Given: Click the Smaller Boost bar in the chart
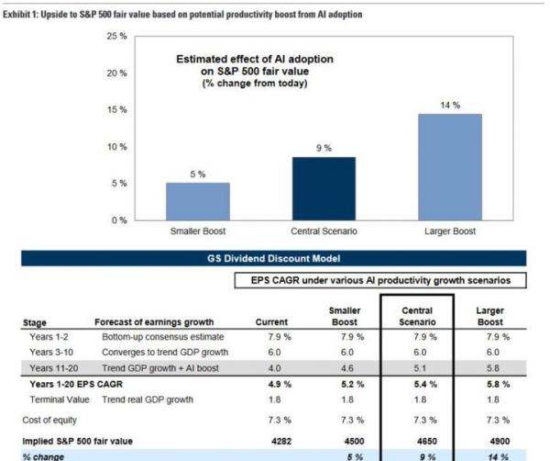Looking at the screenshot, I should click(x=198, y=201).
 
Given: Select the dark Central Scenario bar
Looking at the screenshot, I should click(x=323, y=188).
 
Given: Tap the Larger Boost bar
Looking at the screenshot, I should click(x=449, y=167).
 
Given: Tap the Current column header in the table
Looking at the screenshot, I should click(x=271, y=321).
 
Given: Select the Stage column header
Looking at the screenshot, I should click(x=34, y=321).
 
